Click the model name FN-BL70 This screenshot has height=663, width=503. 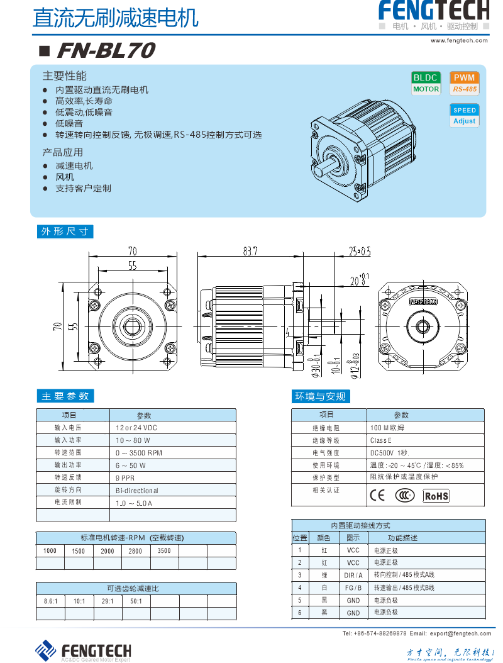click(105, 50)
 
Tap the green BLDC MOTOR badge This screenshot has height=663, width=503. click(426, 83)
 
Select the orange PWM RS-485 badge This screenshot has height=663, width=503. click(465, 83)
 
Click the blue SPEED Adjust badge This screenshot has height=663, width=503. click(465, 115)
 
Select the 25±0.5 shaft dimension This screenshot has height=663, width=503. click(359, 252)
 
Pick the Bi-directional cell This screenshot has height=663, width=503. click(136, 491)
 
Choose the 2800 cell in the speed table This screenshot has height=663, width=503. click(135, 551)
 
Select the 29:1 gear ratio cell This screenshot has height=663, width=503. click(108, 601)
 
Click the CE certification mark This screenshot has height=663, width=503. click(377, 495)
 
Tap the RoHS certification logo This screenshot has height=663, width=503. click(436, 496)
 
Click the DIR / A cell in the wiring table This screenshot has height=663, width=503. click(353, 576)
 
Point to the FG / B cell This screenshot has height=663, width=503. click(353, 588)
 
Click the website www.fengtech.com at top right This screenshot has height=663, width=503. click(459, 41)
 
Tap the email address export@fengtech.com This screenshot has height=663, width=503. click(461, 633)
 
